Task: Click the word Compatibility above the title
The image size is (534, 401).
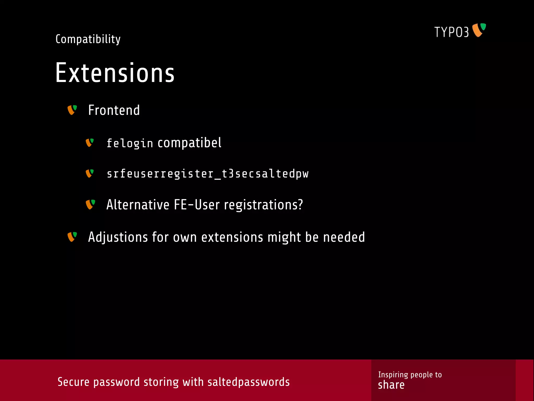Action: [x=88, y=39]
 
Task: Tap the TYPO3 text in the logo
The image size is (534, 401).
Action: [x=451, y=32]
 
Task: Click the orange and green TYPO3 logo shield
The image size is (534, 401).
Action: [x=479, y=30]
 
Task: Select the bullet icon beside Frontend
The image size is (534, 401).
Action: [x=72, y=110]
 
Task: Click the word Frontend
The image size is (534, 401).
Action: [x=114, y=110]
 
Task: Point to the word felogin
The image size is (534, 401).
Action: [x=130, y=143]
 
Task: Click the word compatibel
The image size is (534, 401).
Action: [x=190, y=143]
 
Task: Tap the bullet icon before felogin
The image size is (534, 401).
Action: [x=90, y=143]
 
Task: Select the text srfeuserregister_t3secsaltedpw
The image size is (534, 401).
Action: [x=208, y=174]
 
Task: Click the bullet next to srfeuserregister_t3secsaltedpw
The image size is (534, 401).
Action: [x=90, y=173]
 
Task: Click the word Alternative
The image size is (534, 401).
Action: [x=138, y=205]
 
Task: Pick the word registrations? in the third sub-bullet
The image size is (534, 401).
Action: [x=263, y=205]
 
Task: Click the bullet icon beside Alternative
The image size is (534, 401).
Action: [x=90, y=204]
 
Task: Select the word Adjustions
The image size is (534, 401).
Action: [x=118, y=237]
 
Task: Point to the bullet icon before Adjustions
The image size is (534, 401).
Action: [x=72, y=237]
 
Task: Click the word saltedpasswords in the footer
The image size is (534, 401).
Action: [x=248, y=382]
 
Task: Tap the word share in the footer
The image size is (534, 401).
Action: [x=391, y=385]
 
